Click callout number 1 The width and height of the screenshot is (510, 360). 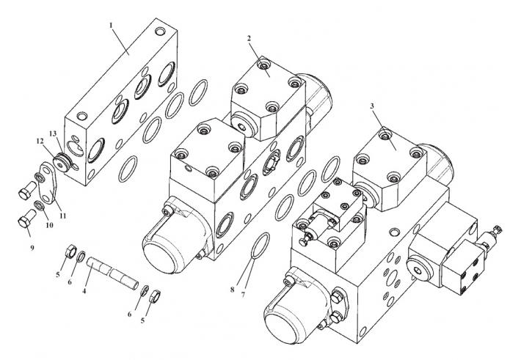point(111,25)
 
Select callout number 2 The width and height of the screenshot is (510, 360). point(249,38)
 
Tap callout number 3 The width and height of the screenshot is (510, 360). point(372,106)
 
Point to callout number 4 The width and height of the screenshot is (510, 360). point(84,291)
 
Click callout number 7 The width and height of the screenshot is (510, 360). point(243,295)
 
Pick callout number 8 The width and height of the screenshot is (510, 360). point(232,290)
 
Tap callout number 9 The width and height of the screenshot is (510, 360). point(32,248)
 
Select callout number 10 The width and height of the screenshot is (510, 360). point(49,225)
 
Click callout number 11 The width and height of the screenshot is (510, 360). point(63,216)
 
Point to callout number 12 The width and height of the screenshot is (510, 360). point(40,141)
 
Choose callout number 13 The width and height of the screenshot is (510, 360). point(53,133)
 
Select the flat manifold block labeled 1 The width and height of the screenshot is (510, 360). point(121,102)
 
